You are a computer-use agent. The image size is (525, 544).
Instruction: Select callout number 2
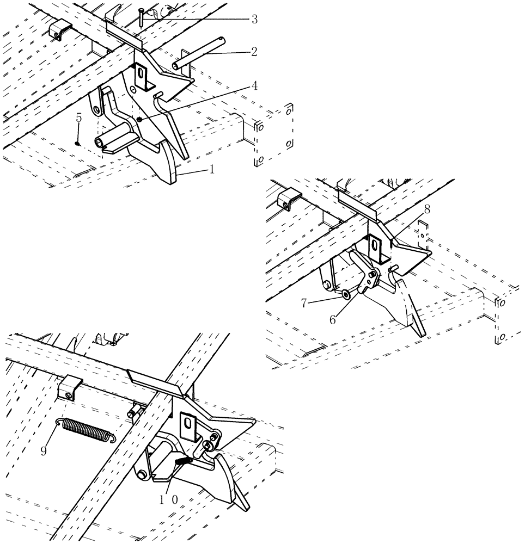click(x=254, y=52)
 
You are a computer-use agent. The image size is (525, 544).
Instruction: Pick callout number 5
click(x=78, y=117)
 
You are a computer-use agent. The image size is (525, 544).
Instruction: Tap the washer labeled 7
click(x=346, y=294)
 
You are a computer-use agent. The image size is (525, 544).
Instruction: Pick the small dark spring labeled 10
click(x=184, y=460)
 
